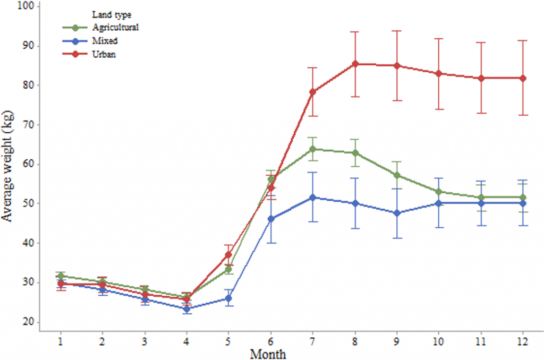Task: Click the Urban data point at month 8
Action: coord(355,64)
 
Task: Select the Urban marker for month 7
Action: coord(313,92)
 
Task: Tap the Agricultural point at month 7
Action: coord(313,149)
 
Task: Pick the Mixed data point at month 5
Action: coord(228,298)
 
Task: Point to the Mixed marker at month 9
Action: coord(397,213)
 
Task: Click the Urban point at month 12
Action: coord(523,78)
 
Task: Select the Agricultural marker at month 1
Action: coord(61,276)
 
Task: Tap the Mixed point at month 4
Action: coord(186,308)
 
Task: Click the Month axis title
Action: coord(269,353)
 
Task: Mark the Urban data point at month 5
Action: coord(228,255)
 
